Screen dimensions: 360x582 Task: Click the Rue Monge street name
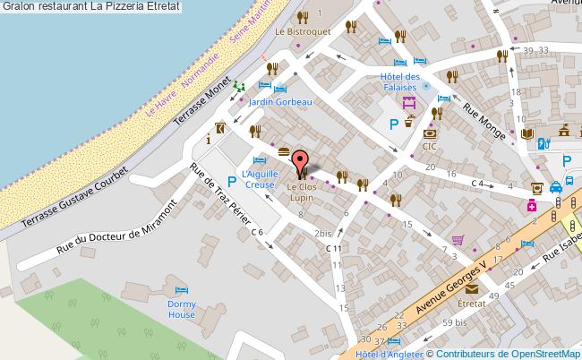484,122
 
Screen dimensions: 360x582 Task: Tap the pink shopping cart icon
458,240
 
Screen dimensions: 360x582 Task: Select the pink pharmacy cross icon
531,205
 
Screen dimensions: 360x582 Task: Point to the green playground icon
239,86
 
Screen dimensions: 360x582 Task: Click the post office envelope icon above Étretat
471,290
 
